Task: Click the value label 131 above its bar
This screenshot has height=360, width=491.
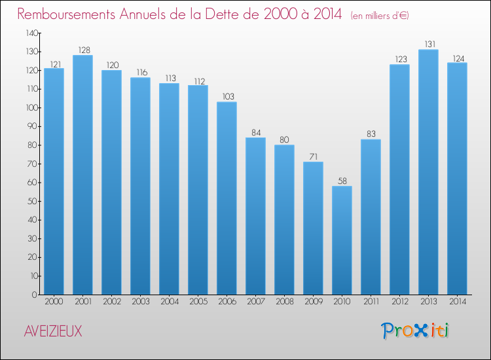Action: pos(428,45)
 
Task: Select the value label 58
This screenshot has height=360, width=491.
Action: pos(342,181)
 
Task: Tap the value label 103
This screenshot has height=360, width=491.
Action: pos(227,97)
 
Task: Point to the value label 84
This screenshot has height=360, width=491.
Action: pos(255,133)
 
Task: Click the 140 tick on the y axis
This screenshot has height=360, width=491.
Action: pos(29,33)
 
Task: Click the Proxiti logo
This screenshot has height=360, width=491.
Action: pos(416,331)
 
